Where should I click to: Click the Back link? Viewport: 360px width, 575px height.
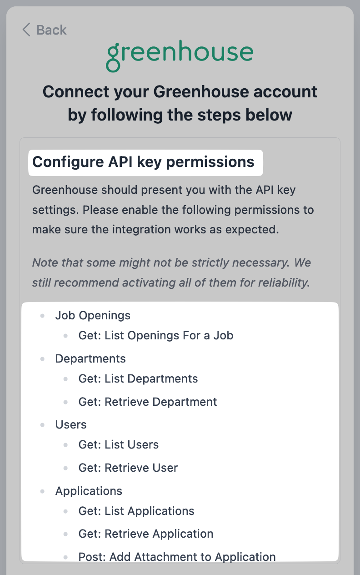point(45,30)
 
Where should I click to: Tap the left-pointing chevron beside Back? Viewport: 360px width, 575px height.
point(26,30)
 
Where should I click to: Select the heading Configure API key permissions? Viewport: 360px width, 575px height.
point(143,162)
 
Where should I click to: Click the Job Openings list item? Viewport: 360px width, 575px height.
point(93,316)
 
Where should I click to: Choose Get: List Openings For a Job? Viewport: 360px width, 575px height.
point(156,336)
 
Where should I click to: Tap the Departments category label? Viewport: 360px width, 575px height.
point(90,358)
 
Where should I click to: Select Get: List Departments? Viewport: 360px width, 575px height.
point(138,378)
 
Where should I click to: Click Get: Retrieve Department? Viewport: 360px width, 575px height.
point(148,402)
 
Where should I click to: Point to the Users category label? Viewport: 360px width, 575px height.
point(71,424)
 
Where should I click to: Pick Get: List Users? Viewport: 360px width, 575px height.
point(119,444)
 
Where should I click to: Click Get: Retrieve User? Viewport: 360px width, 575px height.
point(128,468)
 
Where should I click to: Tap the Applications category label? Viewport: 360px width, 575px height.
point(89,491)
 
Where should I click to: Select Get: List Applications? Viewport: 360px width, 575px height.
point(136,511)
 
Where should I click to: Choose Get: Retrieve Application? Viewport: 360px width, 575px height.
point(146,534)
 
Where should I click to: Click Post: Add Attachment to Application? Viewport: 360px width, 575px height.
point(177,557)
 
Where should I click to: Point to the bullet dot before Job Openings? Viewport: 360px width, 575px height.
point(42,316)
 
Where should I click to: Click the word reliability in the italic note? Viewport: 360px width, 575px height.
point(284,283)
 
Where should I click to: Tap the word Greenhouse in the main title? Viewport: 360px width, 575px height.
point(201,92)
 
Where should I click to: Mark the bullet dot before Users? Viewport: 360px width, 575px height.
point(42,425)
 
